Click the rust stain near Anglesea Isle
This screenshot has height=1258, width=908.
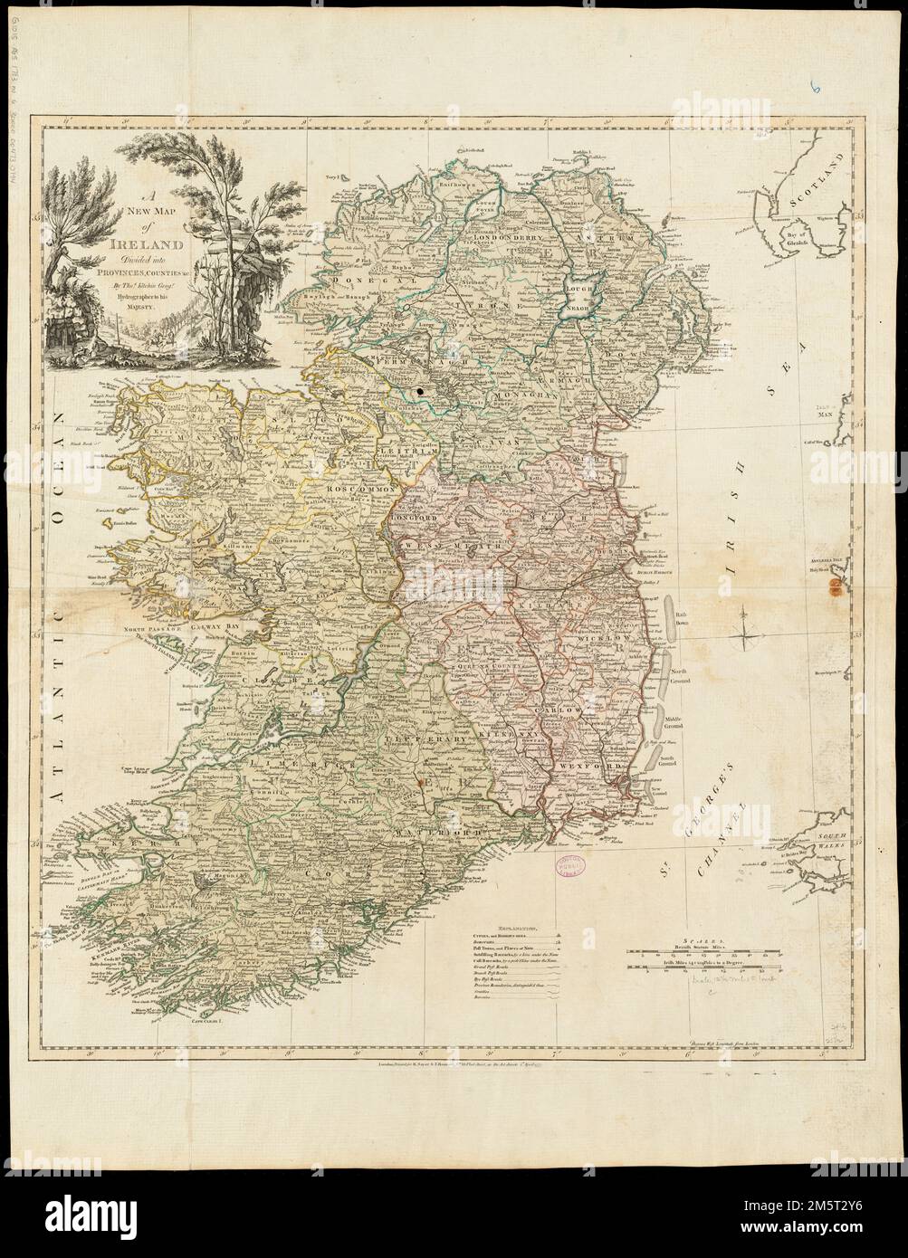(834, 588)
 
